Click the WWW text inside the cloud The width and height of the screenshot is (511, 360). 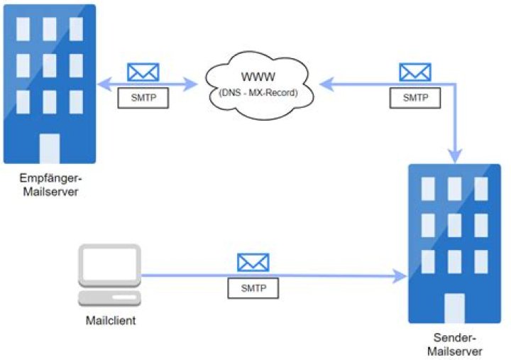258,77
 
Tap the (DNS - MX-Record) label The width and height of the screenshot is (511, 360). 258,93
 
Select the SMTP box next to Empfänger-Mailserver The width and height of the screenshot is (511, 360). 143,98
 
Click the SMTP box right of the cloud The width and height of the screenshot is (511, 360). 415,98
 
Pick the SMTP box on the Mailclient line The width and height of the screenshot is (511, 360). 253,288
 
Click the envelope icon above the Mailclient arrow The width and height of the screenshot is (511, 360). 253,263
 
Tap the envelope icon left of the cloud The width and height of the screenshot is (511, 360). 143,72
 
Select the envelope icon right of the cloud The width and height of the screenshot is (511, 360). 415,72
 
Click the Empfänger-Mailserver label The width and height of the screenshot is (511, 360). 50,185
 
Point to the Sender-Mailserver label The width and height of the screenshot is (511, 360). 455,344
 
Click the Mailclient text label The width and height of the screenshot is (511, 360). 111,320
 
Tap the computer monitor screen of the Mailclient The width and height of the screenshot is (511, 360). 109,263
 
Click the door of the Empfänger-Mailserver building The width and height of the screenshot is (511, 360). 50,148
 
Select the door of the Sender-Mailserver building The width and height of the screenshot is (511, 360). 454,308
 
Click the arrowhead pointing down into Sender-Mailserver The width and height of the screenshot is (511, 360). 455,156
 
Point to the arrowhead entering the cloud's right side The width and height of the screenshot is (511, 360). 326,84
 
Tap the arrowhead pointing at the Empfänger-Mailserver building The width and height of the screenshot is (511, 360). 104,84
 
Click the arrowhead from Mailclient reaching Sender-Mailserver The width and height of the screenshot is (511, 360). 400,276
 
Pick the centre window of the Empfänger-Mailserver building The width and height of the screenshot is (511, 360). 50,66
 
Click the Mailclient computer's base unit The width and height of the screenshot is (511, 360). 109,298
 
